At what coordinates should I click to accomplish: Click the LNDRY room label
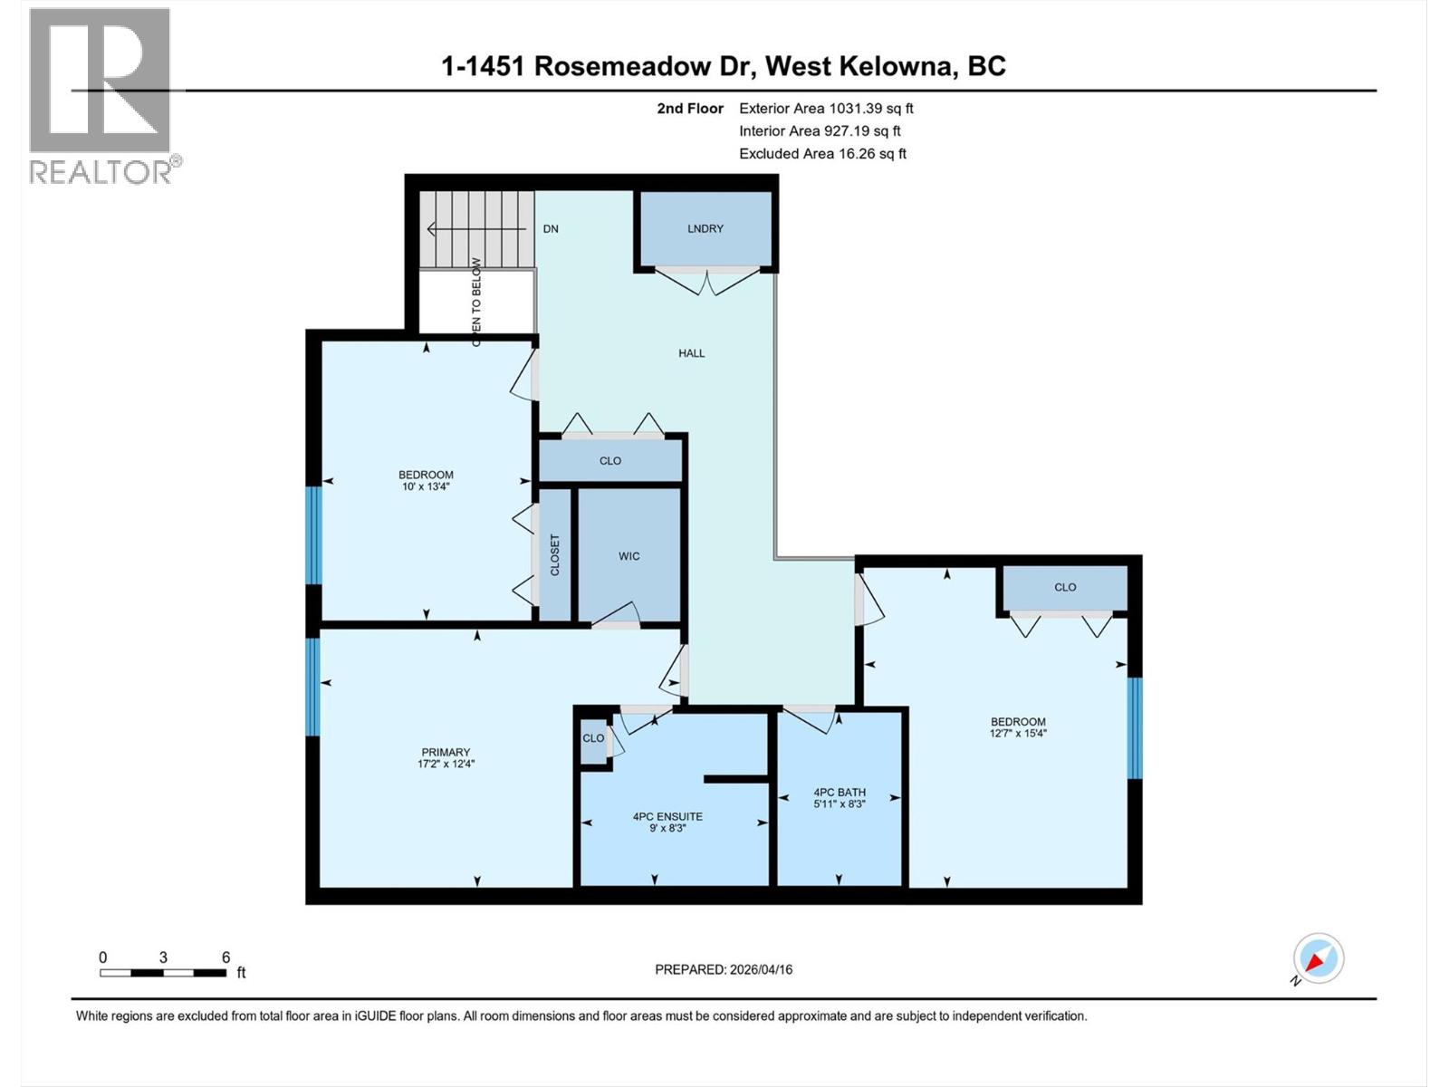[705, 229]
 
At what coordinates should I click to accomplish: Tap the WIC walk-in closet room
[629, 556]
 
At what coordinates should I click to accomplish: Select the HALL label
[691, 353]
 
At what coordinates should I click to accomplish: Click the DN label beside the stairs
[551, 229]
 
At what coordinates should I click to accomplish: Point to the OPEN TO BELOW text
[476, 302]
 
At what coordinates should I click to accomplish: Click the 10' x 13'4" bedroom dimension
[426, 487]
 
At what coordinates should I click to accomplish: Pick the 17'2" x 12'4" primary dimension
[446, 765]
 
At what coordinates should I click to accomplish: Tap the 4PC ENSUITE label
[667, 816]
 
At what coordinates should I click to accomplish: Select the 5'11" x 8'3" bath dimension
[840, 804]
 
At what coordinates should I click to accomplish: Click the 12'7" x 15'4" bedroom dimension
[1018, 734]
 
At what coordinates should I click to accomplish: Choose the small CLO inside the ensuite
[593, 738]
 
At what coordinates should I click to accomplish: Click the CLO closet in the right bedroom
[1065, 587]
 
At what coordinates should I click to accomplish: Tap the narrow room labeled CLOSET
[555, 554]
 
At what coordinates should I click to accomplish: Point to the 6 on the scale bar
[226, 957]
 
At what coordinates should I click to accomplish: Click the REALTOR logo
[101, 95]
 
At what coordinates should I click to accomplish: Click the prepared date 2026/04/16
[760, 969]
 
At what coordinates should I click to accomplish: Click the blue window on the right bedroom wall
[1134, 728]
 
